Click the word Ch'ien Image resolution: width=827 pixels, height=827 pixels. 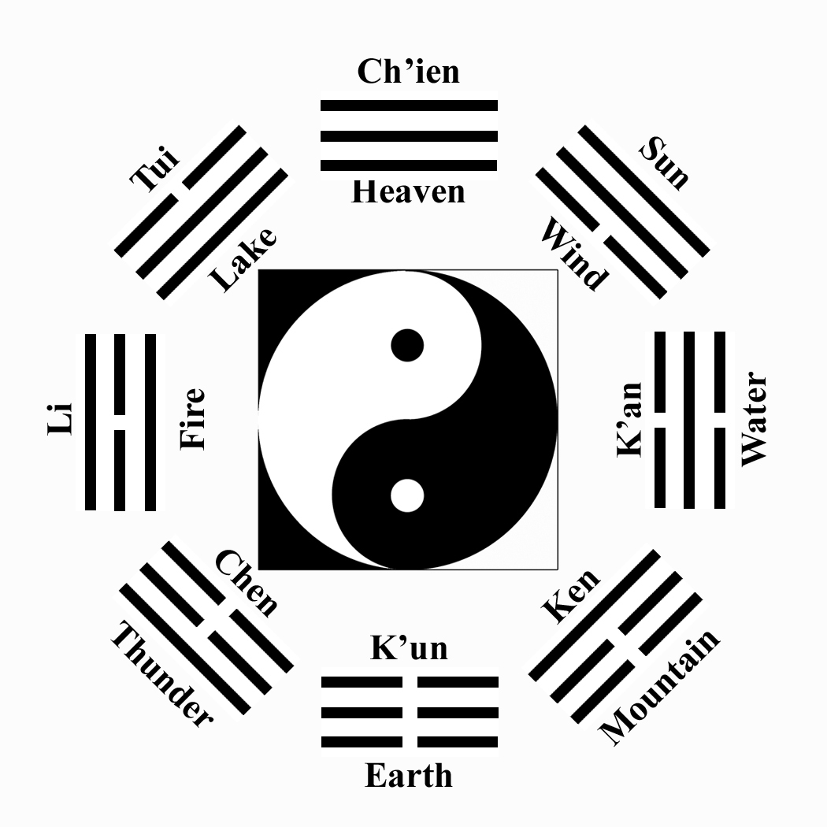coord(408,72)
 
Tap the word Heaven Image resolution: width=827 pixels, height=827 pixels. coord(408,191)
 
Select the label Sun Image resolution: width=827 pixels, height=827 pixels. coord(664,163)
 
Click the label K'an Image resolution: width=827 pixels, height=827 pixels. coord(630,419)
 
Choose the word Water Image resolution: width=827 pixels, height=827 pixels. coord(753,419)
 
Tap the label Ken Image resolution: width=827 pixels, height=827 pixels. coord(571,595)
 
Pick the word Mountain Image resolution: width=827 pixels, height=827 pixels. coord(660,687)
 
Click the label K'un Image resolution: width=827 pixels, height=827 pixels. coord(409,648)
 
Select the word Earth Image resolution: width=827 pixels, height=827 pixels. coord(409,776)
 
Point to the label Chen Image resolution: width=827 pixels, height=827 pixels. coord(247,583)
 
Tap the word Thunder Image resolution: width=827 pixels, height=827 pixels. coord(161,674)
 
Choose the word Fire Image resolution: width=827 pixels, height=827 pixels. coord(192,418)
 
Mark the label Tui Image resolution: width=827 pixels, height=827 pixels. coord(155,168)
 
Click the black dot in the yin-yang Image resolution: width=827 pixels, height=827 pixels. coord(407,345)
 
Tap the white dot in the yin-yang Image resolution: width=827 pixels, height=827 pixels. coord(407,495)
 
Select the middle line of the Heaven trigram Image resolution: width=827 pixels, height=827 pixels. coord(409,135)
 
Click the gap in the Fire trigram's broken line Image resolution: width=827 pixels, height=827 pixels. coord(120,422)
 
